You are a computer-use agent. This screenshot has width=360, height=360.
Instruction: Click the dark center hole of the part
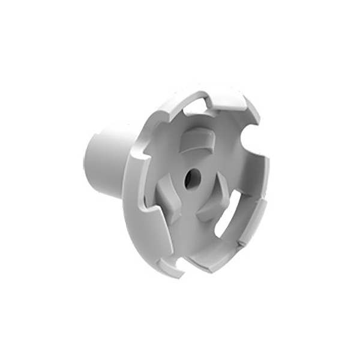192,178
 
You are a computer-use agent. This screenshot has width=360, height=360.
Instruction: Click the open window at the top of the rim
199,107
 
